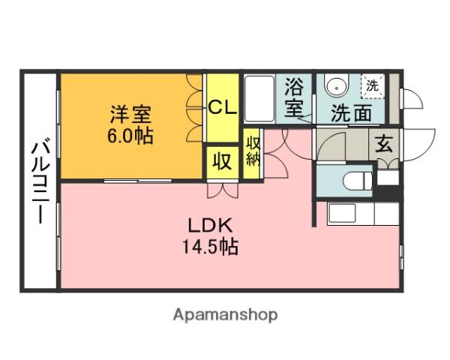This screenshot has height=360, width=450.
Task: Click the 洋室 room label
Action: tap(132, 115)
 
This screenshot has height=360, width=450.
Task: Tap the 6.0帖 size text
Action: tap(132, 136)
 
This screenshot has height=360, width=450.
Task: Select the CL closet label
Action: tap(222, 107)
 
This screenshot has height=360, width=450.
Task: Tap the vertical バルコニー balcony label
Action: tap(40, 180)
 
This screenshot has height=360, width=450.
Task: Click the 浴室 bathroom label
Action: tap(294, 97)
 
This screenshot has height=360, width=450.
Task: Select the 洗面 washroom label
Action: tap(351, 114)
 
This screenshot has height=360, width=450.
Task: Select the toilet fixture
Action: tap(353, 181)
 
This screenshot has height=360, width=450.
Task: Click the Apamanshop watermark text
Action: tap(225, 315)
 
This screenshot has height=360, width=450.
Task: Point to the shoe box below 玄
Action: tap(387, 179)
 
